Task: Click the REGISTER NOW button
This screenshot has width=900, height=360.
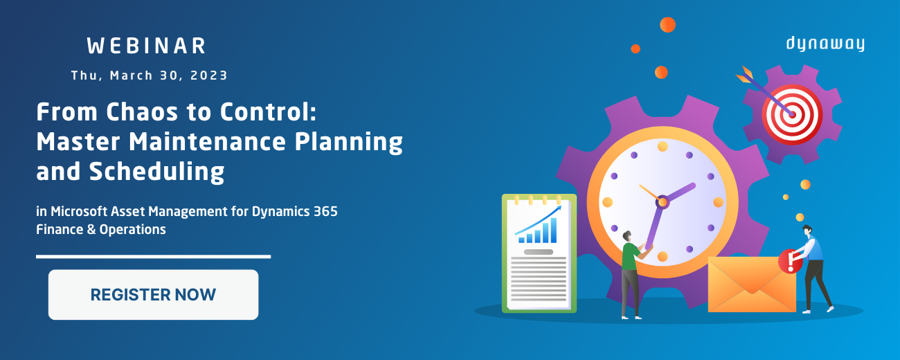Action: pyautogui.click(x=153, y=294)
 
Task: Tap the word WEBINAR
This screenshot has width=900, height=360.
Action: pyautogui.click(x=147, y=46)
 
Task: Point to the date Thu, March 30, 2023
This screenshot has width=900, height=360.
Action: pyautogui.click(x=150, y=75)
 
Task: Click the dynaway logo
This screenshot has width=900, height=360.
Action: pyautogui.click(x=825, y=44)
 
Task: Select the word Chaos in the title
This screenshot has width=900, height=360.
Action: pyautogui.click(x=142, y=111)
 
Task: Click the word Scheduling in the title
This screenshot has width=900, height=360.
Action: pyautogui.click(x=156, y=172)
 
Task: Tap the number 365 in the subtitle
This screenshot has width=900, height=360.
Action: pyautogui.click(x=325, y=211)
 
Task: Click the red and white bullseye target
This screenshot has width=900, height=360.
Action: pyautogui.click(x=792, y=115)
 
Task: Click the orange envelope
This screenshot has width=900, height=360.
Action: pyautogui.click(x=752, y=285)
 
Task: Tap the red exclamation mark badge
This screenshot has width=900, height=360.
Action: pyautogui.click(x=790, y=261)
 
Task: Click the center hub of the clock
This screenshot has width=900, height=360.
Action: pyautogui.click(x=662, y=202)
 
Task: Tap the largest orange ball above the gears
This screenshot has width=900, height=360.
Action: pyautogui.click(x=668, y=25)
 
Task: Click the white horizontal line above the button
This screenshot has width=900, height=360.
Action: pyautogui.click(x=154, y=256)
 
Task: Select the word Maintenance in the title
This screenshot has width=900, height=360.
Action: pyautogui.click(x=207, y=142)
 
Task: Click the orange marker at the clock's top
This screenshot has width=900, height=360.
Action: pyautogui.click(x=663, y=147)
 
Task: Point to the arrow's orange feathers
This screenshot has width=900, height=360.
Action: pyautogui.click(x=744, y=74)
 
